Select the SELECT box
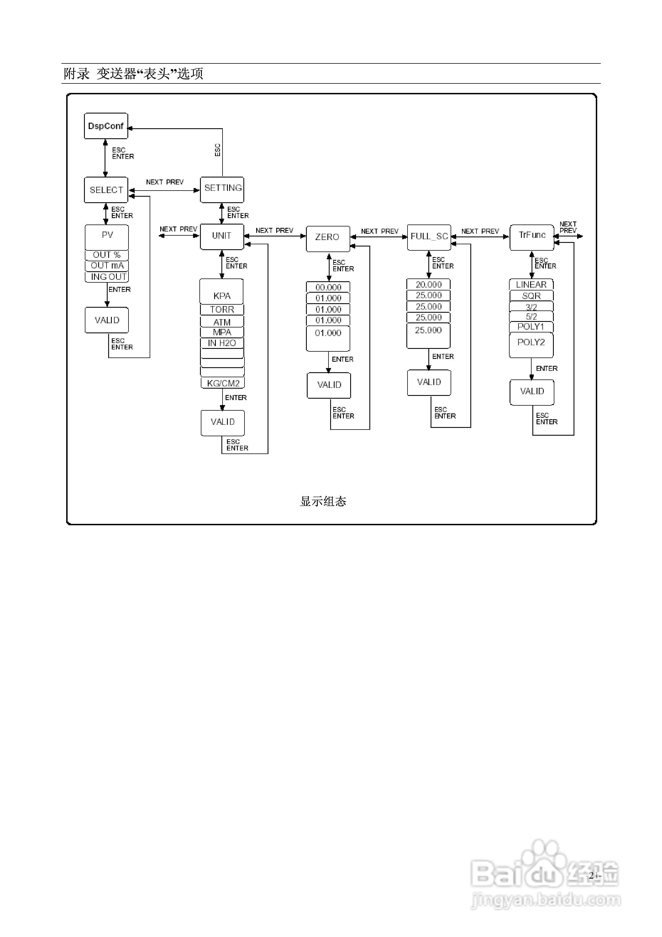point(106,190)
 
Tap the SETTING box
point(222,189)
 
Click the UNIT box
point(222,236)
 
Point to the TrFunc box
point(532,237)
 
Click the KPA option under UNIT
point(222,291)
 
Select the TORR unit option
point(222,309)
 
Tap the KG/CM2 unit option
point(223,383)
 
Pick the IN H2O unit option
point(222,343)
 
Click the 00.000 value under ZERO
point(328,287)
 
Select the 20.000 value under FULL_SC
point(429,284)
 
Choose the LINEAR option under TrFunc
point(531,284)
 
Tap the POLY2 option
point(531,345)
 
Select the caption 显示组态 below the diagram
point(323,501)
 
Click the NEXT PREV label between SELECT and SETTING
point(165,182)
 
